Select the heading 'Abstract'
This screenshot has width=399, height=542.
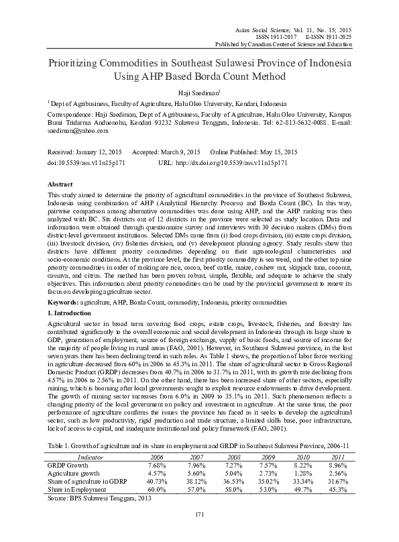coord(60,183)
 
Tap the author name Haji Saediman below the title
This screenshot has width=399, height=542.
coord(199,93)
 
